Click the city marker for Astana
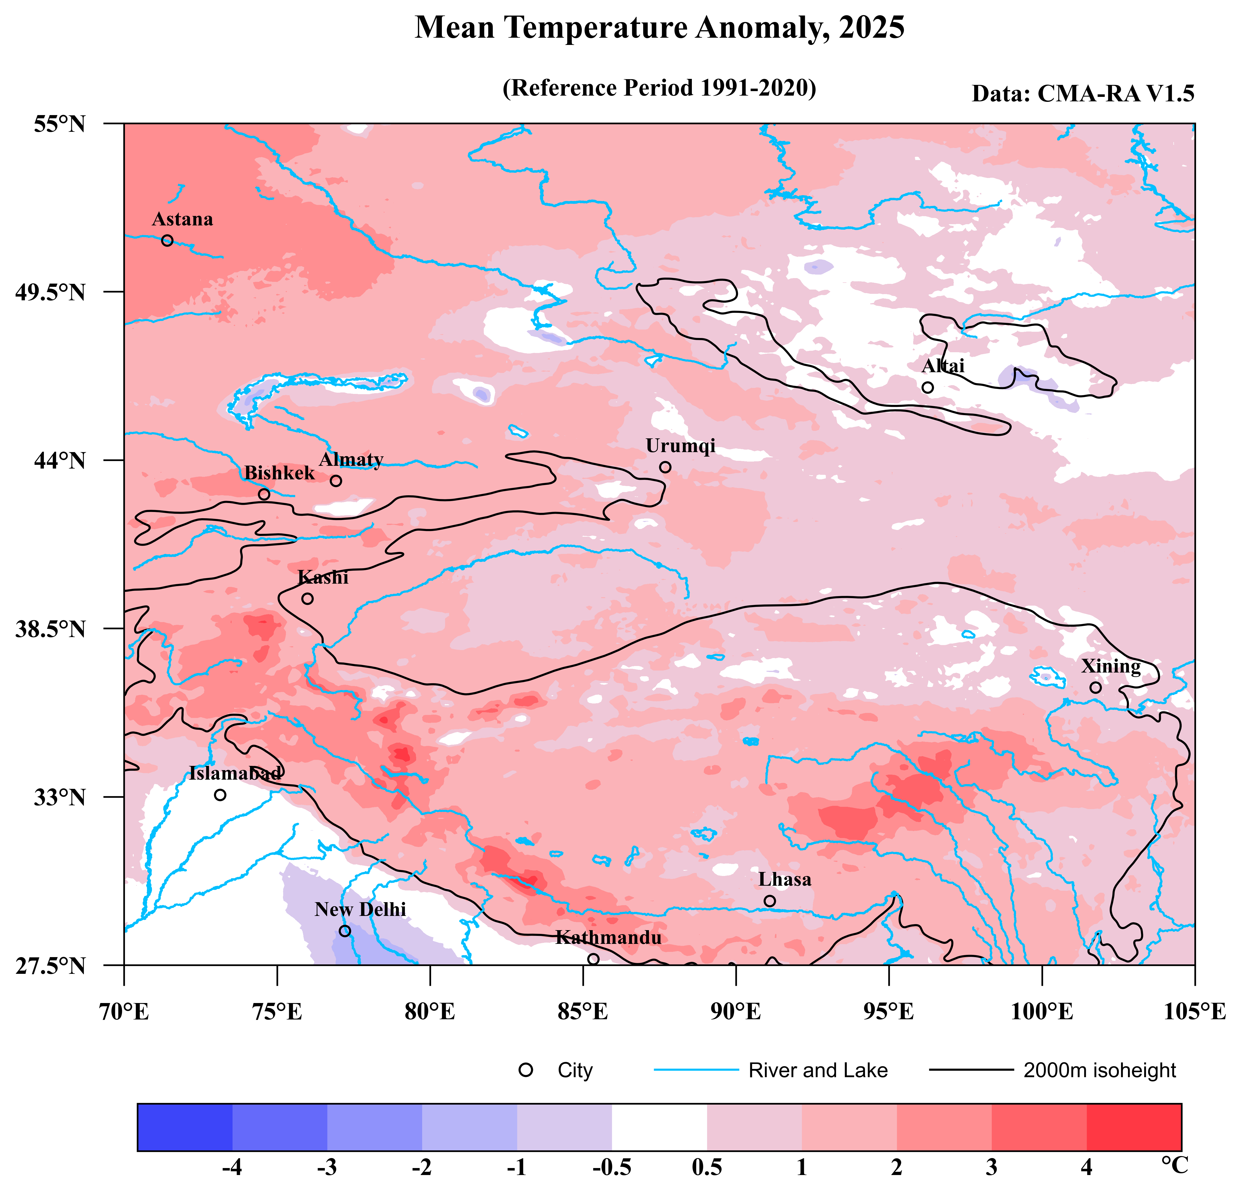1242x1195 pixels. pos(167,240)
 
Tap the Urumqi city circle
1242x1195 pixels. pos(665,467)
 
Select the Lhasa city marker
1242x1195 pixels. pos(769,901)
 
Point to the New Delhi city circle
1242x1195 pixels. pos(345,931)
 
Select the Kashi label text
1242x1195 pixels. pos(323,578)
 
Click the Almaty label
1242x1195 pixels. pos(351,460)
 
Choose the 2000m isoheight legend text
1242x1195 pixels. pos(1100,1070)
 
